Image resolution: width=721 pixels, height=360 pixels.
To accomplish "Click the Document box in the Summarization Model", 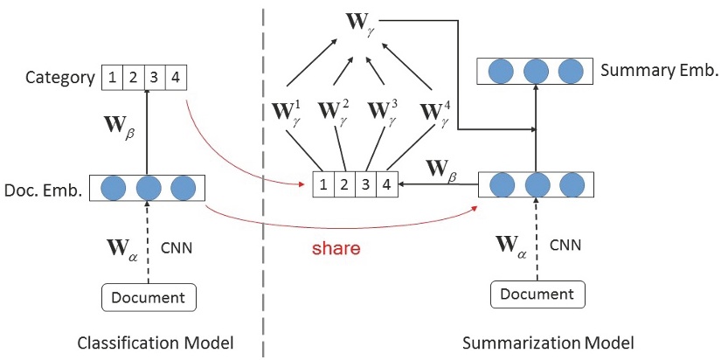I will click(x=536, y=294).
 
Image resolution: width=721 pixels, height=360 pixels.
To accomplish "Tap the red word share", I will click(x=337, y=248).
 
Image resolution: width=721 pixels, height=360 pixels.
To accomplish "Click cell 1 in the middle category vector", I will click(x=325, y=184).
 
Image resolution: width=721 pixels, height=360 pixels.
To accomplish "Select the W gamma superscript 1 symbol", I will click(x=288, y=113).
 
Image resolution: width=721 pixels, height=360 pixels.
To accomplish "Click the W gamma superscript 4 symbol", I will click(x=435, y=113).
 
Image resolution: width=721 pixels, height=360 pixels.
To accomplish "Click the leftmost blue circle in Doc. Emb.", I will click(x=114, y=188).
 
